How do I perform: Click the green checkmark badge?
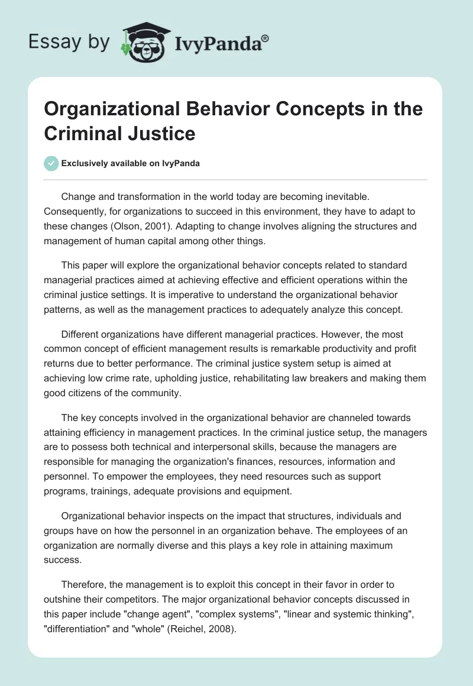point(51,163)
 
